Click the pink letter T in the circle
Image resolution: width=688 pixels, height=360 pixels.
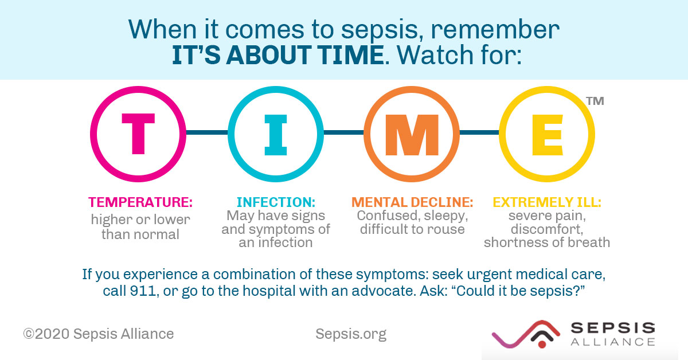138,133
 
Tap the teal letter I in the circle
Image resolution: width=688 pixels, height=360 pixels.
275,133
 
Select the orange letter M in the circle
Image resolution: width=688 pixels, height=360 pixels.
411,133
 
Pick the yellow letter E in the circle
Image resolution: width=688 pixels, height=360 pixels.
546,133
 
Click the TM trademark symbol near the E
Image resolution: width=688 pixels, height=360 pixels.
595,101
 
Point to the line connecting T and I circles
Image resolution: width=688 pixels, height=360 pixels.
207,133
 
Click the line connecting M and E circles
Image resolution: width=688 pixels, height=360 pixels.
479,133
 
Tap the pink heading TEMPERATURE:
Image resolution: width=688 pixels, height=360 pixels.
140,202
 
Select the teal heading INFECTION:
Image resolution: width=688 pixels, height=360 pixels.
276,202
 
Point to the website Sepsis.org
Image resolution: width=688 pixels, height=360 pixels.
350,334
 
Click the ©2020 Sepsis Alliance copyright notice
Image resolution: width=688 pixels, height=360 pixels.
98,334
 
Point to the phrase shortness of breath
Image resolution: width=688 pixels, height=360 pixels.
546,242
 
